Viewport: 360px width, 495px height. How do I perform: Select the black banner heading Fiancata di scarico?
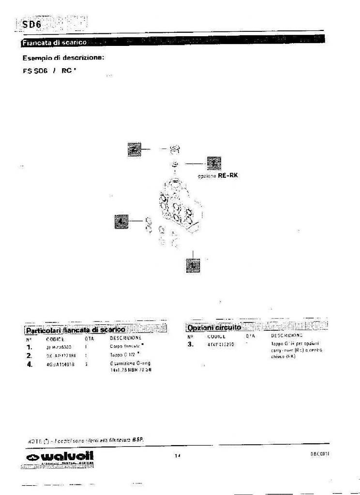(x=54, y=43)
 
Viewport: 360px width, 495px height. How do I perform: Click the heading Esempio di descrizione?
(x=63, y=58)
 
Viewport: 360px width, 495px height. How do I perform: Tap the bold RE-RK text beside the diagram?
(x=228, y=175)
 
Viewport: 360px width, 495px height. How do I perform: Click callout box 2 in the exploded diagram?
(x=134, y=149)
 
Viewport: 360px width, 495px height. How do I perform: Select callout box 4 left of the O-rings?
(x=121, y=221)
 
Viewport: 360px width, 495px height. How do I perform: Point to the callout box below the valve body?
(x=193, y=265)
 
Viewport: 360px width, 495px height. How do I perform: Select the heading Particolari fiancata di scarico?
(x=75, y=330)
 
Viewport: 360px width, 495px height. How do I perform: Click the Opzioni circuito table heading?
(x=214, y=328)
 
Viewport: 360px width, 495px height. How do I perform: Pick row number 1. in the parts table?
(x=29, y=347)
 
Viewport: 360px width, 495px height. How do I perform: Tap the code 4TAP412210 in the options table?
(x=220, y=345)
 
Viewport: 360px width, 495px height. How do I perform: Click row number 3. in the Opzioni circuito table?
(x=191, y=345)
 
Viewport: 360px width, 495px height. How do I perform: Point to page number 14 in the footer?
(x=178, y=455)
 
